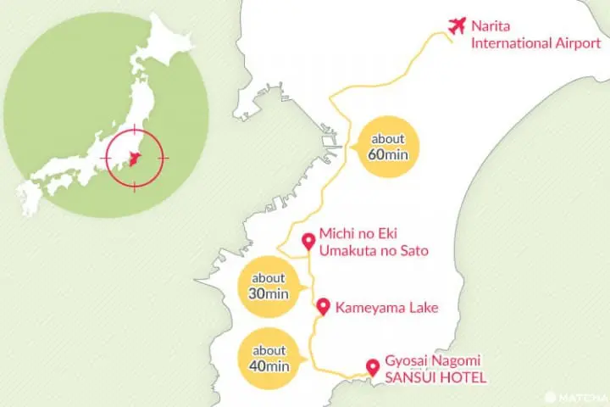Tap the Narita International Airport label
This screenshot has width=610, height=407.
(523, 34)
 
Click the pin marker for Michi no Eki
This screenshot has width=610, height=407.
(308, 239)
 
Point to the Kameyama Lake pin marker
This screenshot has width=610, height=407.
(322, 306)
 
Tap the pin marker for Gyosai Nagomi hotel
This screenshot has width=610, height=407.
(371, 367)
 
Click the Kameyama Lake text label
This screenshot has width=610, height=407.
(386, 307)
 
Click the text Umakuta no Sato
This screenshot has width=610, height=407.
(374, 250)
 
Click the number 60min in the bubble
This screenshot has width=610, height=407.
(386, 155)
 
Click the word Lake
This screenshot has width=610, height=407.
(423, 307)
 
